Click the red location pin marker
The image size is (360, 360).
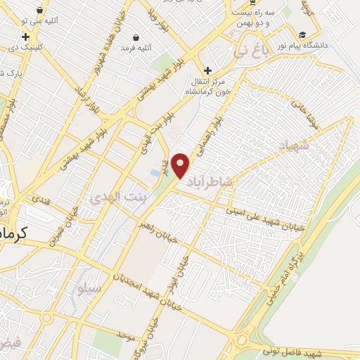(x=181, y=165)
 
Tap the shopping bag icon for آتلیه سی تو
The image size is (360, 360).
(x=39, y=10)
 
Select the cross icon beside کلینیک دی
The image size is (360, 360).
(x=26, y=37)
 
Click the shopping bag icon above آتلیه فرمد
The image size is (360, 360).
(x=136, y=37)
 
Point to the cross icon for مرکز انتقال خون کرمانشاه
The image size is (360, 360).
(x=207, y=70)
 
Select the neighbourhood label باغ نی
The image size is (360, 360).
(x=251, y=51)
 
